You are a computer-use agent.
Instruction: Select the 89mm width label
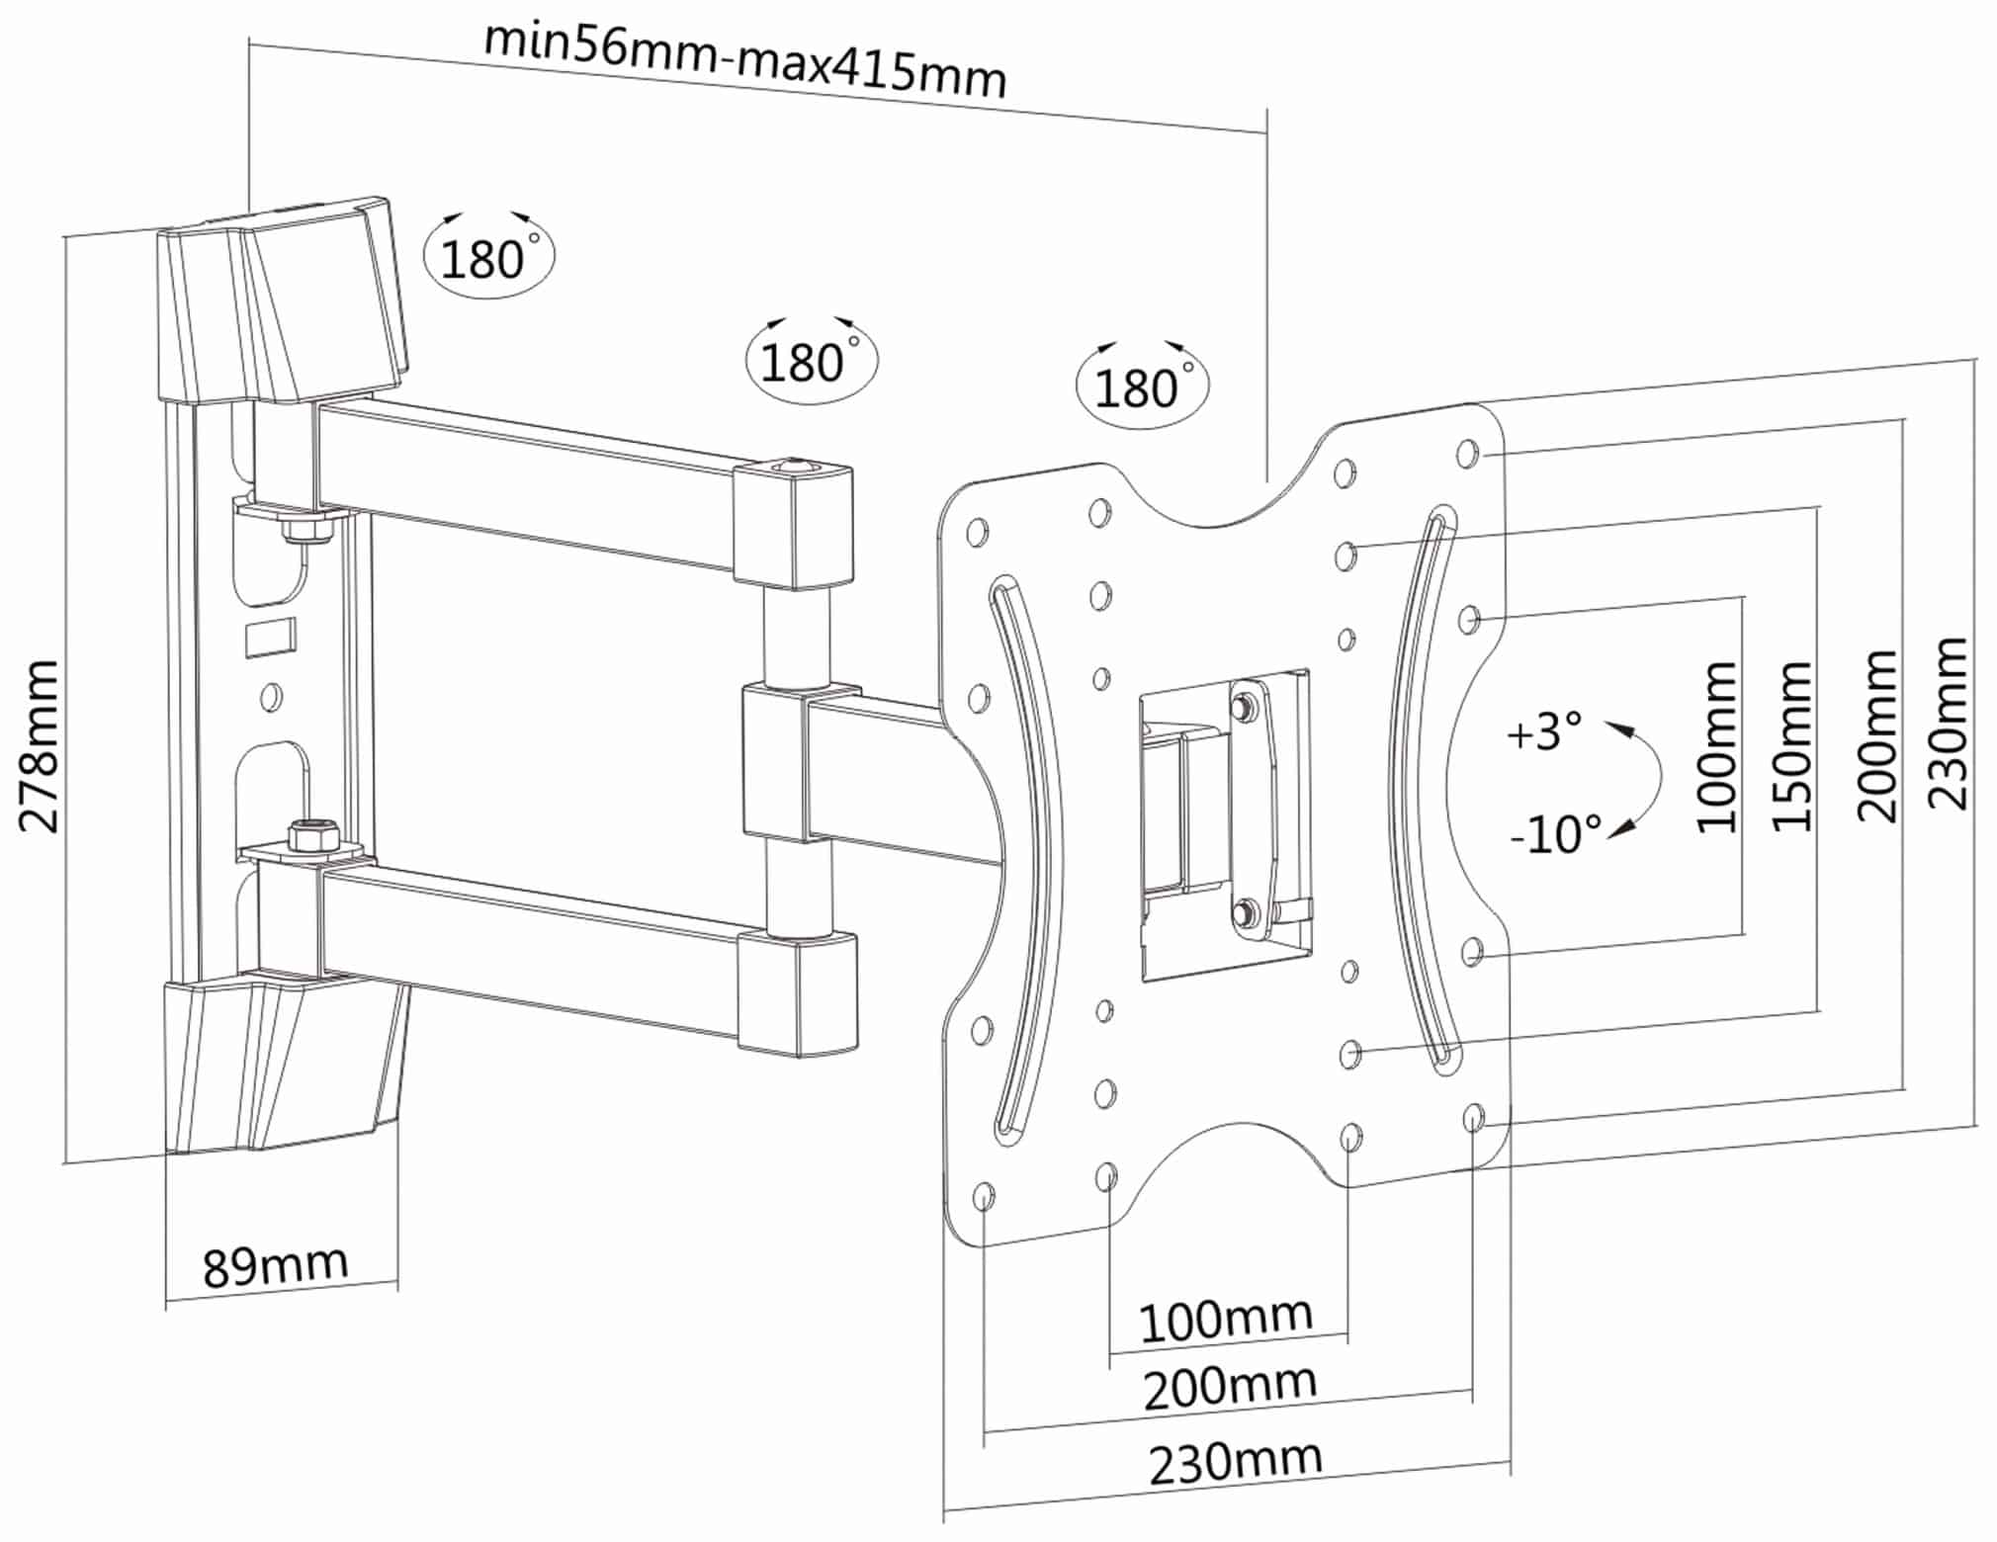tap(275, 1265)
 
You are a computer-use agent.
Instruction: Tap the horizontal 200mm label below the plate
tap(1230, 1388)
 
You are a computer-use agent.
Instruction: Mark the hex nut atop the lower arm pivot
tap(310, 835)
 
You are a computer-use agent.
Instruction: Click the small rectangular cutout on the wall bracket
tap(270, 636)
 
